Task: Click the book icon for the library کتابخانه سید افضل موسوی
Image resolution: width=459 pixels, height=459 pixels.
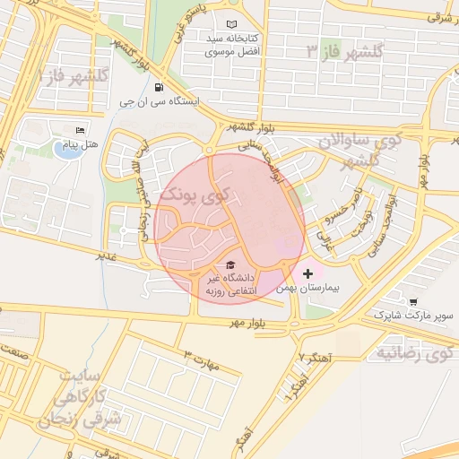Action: (x=232, y=24)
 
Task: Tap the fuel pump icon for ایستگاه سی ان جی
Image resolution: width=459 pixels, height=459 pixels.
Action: (x=160, y=88)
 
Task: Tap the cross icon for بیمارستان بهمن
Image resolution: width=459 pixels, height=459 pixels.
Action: (x=309, y=272)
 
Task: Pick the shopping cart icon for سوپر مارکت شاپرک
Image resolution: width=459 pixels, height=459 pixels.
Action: (x=412, y=302)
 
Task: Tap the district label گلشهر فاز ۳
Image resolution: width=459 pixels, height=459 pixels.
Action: (x=345, y=50)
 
